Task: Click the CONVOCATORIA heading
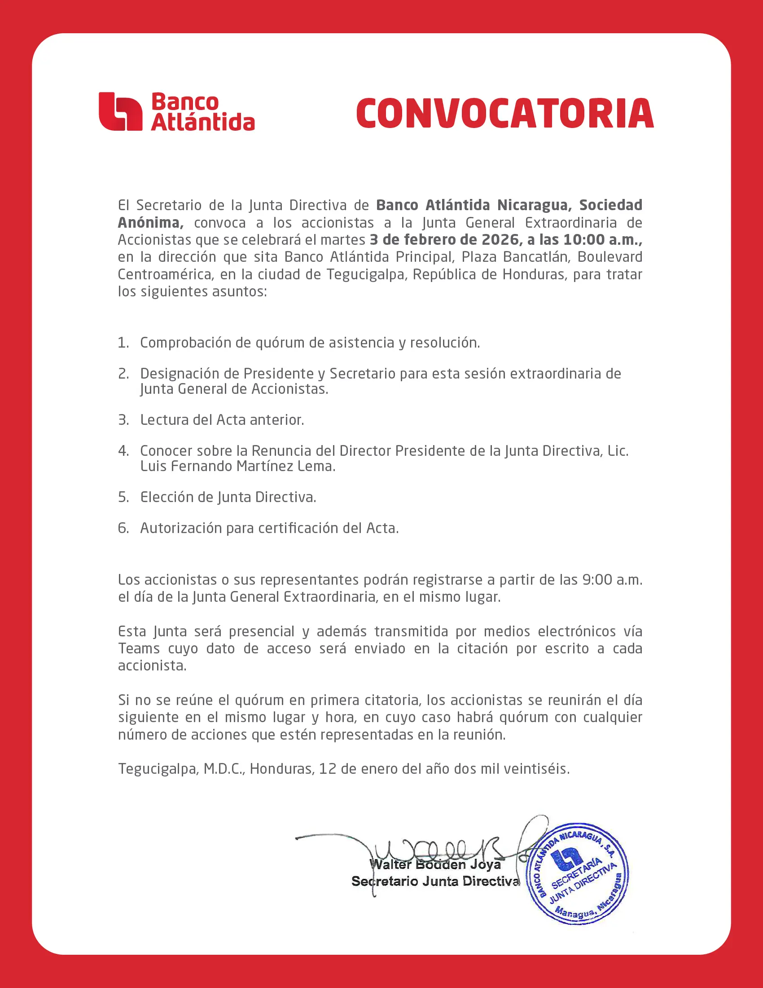coord(505,114)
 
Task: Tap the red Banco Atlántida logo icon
coord(120,111)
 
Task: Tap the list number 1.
coord(123,343)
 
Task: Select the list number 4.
coord(123,450)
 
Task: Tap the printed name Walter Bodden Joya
coord(436,864)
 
